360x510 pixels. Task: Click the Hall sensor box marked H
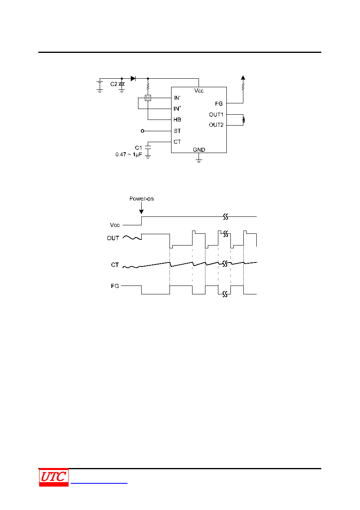coord(148,98)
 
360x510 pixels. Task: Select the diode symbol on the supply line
coord(133,79)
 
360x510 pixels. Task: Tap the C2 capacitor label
coord(113,84)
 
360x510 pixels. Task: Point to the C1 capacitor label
coord(138,148)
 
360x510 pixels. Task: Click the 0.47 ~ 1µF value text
coord(129,155)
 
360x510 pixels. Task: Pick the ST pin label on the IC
coord(177,131)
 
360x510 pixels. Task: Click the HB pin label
coord(177,120)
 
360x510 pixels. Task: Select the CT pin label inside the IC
coord(177,142)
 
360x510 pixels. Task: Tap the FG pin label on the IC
coord(219,104)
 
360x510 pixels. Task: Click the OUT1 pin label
coord(216,115)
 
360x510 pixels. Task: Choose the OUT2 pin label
coord(216,125)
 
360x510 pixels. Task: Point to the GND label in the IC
coord(199,150)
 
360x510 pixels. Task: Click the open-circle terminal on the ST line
coord(142,131)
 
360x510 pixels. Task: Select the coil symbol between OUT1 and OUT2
coord(243,120)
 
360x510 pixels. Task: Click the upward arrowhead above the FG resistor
coord(243,78)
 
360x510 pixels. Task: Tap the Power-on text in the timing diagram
coord(141,199)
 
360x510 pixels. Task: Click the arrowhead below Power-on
coord(141,212)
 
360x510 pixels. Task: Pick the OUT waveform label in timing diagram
coord(113,238)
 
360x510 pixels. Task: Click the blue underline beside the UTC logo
coord(99,483)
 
